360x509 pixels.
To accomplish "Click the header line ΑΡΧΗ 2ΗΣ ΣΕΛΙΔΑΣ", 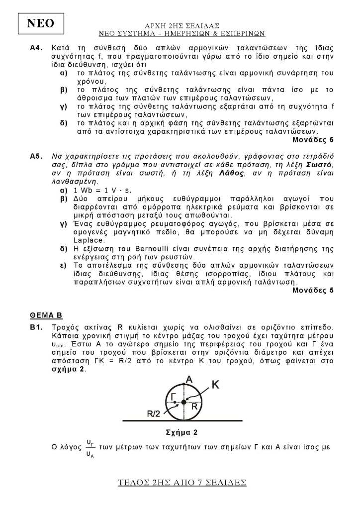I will [181, 25].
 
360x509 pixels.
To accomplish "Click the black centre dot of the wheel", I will [183, 402].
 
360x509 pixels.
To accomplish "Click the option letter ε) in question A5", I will [63, 265].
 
